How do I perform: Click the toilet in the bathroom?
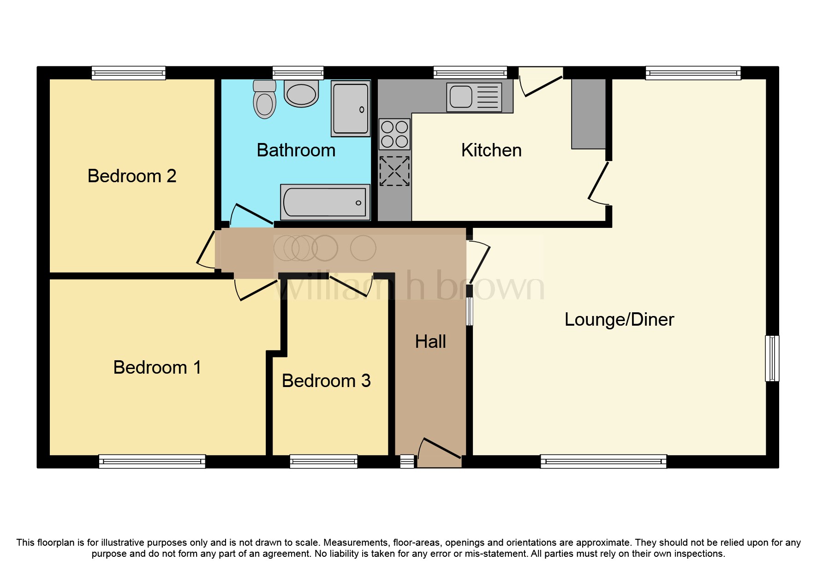[x=264, y=100]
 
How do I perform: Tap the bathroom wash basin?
[x=301, y=94]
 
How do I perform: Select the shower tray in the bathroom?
[x=351, y=109]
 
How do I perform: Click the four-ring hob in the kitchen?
[x=394, y=134]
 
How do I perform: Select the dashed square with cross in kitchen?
[x=394, y=171]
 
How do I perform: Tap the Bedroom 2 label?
[x=132, y=176]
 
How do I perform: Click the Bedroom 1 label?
[x=157, y=368]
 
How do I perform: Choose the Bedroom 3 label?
[x=326, y=381]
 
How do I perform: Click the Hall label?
[x=430, y=342]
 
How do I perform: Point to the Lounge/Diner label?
[x=619, y=320]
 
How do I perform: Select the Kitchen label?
[x=491, y=150]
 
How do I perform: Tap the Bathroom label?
[x=296, y=150]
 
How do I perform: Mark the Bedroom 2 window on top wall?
[x=128, y=73]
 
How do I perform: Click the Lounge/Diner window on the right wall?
[x=772, y=358]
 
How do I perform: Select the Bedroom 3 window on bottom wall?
[x=323, y=461]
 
